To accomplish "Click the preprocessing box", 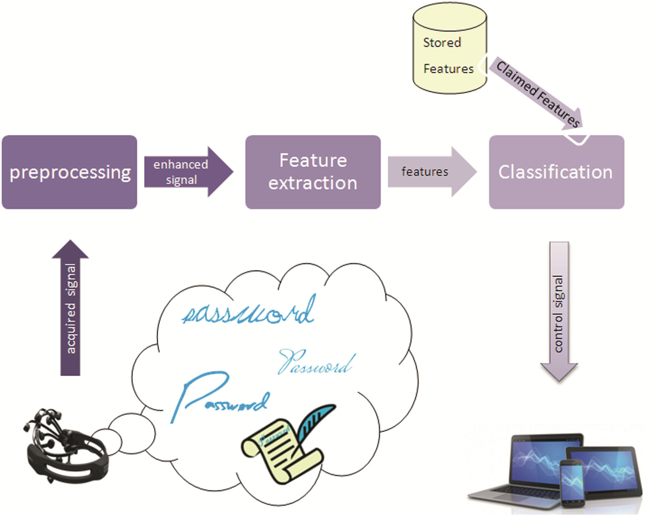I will click(70, 172).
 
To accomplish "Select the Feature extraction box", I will click(313, 172).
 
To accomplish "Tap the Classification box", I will click(556, 172).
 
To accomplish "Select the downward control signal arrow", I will click(559, 311).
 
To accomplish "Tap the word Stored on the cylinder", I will click(442, 43).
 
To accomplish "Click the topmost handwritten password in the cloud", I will click(248, 311).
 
